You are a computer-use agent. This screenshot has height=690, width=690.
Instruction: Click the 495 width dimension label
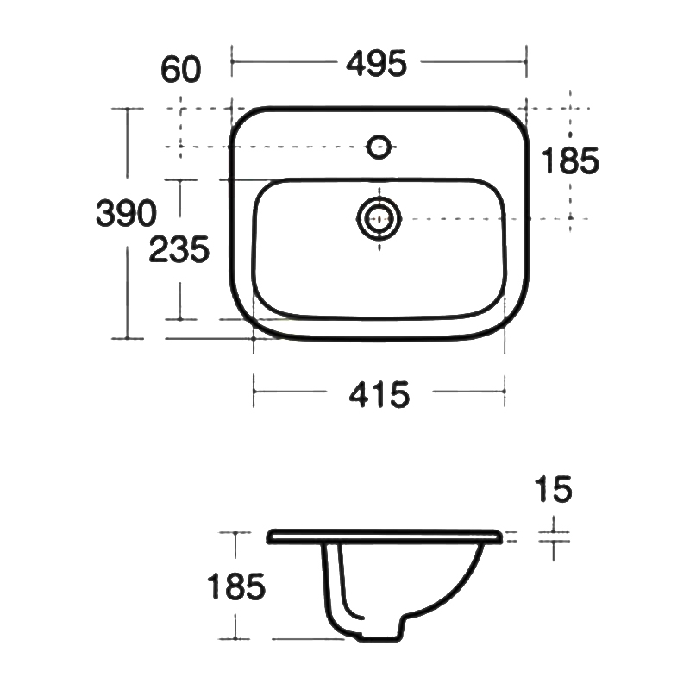click(x=376, y=64)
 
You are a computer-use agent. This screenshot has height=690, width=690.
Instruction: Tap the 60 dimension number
click(x=181, y=69)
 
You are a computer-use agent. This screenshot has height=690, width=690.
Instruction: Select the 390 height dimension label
click(x=126, y=213)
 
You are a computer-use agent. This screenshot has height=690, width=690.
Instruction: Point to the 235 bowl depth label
click(x=179, y=249)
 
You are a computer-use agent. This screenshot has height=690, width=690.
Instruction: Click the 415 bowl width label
click(x=379, y=395)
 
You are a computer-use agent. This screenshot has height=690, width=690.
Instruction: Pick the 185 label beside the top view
click(x=570, y=160)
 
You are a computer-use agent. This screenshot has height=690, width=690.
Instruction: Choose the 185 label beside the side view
click(x=236, y=586)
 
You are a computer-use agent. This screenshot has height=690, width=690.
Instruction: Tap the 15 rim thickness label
click(x=554, y=489)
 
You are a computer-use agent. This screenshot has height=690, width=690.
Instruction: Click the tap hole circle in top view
click(x=379, y=147)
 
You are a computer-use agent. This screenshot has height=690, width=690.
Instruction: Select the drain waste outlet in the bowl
click(x=379, y=218)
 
